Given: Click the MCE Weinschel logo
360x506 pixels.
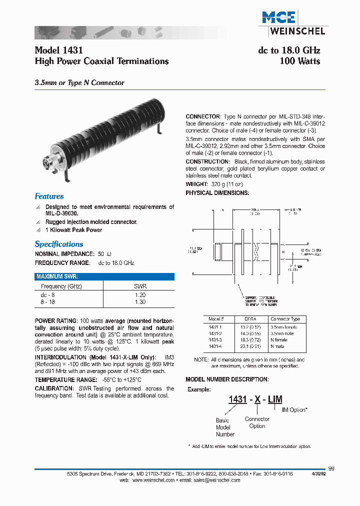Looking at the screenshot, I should coord(293,23).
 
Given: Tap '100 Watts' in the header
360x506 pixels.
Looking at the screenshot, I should coord(299,61).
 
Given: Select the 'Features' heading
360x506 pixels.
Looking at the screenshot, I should coord(49,196).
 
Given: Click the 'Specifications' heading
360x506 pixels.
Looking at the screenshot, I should coord(59,244).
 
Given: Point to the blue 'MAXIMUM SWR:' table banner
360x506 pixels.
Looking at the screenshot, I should coord(104,276).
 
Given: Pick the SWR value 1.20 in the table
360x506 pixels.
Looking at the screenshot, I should coord(140,295).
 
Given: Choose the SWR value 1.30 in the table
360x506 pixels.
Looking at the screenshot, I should coord(140,302).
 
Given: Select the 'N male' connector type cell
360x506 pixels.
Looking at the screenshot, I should coord(278,346).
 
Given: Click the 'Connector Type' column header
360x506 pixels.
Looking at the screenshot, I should coord(285,319).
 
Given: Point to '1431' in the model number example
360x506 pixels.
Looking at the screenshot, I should coord(237,399).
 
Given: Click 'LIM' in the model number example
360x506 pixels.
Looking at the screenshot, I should coord(275,399).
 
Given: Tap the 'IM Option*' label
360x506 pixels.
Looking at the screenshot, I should coord(294,410).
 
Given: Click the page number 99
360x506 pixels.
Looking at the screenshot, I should coord(331,468).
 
